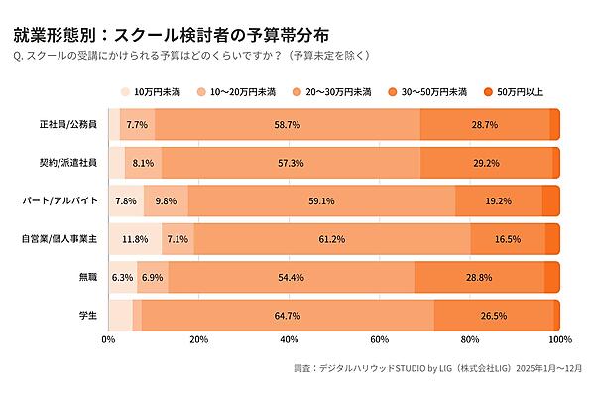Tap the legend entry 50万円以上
pyautogui.click(x=512, y=92)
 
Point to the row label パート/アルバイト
pyautogui.click(x=61, y=200)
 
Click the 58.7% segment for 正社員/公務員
pyautogui.click(x=288, y=124)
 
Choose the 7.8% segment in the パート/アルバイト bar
pyautogui.click(x=126, y=200)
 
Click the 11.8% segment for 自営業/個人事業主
pyautogui.click(x=135, y=239)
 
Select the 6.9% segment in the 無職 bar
pyautogui.click(x=153, y=277)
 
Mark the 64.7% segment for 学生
pyautogui.click(x=288, y=316)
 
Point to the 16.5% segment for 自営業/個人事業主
pyautogui.click(x=508, y=239)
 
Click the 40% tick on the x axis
pyautogui.click(x=290, y=340)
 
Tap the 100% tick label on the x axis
pyautogui.click(x=559, y=340)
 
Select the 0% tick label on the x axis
pyautogui.click(x=109, y=340)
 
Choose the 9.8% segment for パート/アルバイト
pyautogui.click(x=166, y=200)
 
